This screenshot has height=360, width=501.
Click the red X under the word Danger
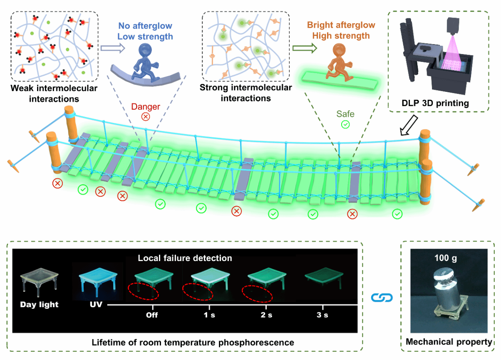146,116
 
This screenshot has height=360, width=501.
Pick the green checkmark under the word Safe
345,124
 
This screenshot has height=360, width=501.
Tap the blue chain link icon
382,298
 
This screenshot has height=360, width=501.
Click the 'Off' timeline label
151,315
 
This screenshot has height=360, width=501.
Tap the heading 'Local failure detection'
185,258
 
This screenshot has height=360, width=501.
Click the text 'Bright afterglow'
341,25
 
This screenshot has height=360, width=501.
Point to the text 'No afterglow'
145,26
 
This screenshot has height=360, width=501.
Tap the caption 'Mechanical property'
449,342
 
